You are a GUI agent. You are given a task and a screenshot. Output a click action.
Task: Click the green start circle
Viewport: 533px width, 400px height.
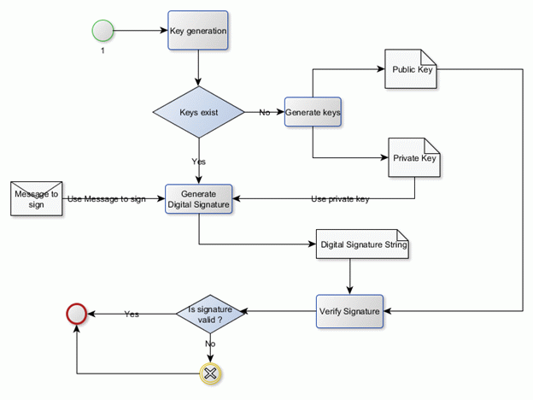click(x=102, y=32)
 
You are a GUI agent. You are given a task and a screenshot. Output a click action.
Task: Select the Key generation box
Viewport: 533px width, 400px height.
click(x=198, y=32)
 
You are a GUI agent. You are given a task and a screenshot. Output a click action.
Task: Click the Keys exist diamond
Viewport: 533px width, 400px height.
click(x=198, y=112)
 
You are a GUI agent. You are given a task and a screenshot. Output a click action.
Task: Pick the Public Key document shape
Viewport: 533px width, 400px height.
click(x=412, y=70)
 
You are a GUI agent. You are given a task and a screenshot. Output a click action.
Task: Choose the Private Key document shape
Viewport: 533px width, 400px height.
click(x=414, y=158)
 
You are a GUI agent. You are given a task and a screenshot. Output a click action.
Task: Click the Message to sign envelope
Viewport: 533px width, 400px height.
click(x=36, y=199)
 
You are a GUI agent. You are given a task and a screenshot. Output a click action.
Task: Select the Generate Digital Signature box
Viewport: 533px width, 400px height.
click(x=198, y=199)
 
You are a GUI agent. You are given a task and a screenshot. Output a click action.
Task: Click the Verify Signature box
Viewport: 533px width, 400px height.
click(x=348, y=311)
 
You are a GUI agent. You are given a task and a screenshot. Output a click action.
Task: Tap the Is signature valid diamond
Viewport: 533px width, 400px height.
click(x=210, y=313)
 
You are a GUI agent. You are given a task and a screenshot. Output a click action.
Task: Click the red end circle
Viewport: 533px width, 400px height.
click(x=77, y=314)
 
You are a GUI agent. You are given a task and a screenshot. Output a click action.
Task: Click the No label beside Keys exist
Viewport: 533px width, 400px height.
click(x=265, y=113)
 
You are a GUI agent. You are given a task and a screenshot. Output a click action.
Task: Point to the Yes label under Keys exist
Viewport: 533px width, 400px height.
click(x=198, y=161)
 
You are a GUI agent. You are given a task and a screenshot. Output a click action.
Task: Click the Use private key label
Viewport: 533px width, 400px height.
click(x=340, y=199)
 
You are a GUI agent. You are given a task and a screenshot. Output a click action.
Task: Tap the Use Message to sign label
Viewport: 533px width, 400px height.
click(x=106, y=199)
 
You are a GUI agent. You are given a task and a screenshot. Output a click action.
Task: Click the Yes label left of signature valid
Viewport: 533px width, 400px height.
click(x=132, y=314)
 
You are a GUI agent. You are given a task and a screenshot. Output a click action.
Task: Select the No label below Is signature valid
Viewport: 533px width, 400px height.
click(x=210, y=344)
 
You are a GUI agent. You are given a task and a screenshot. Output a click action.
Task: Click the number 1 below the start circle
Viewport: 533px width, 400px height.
click(x=102, y=52)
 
